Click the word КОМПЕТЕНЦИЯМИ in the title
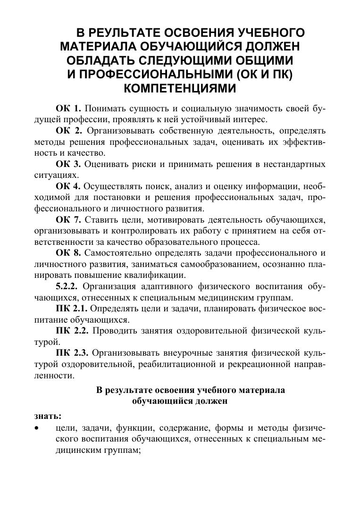pos(179,89)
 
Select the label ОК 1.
pos(69,109)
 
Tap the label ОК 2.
pos(69,130)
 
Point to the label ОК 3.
pos(69,164)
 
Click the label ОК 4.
pos(69,185)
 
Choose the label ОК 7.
pos(69,219)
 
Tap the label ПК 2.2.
pos(72,331)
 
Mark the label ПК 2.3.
pos(72,352)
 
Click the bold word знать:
pos(48,416)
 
